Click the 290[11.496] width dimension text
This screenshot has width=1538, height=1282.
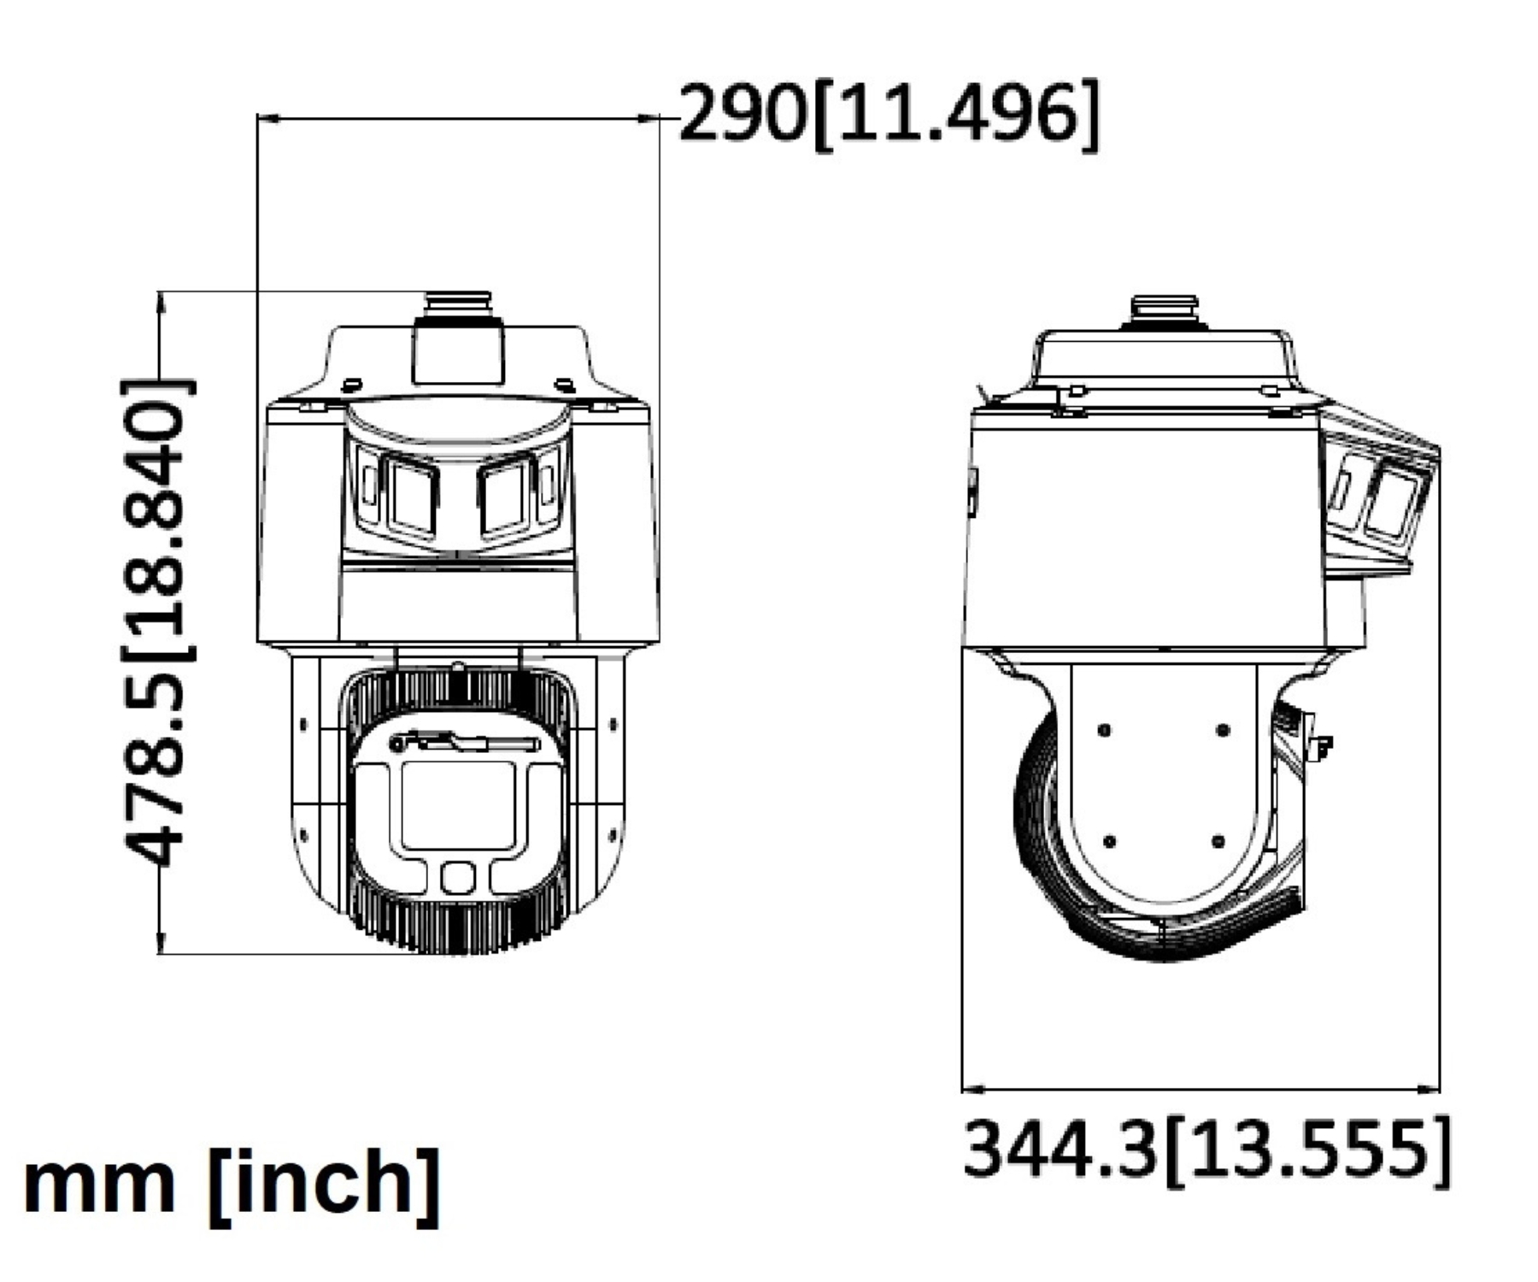pos(889,115)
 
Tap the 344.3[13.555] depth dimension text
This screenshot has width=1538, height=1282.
pos(1206,1150)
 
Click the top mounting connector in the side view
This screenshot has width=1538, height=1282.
pos(1165,312)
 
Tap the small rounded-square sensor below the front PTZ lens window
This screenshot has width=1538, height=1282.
pos(459,878)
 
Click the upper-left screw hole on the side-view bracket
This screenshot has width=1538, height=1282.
pos(1104,731)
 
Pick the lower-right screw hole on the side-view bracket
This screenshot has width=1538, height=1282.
pos(1218,841)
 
